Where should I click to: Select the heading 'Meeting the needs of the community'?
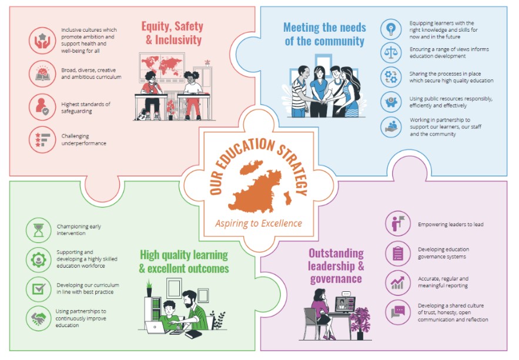point(324,34)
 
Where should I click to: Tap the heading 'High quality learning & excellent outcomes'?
point(183,262)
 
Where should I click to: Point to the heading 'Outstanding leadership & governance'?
point(336,265)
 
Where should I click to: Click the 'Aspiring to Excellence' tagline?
point(258,223)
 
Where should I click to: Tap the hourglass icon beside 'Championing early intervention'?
point(38,230)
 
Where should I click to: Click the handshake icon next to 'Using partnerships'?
point(38,318)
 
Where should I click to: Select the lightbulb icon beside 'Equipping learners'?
point(391,28)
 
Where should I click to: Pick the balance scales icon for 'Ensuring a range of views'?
point(391,52)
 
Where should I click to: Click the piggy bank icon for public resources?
point(391,102)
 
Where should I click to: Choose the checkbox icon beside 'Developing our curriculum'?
point(38,289)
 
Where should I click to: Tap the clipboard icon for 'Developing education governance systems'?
point(398,253)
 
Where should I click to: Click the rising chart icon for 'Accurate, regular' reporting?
point(398,282)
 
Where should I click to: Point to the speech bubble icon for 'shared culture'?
point(398,312)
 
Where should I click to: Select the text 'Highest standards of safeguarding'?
point(85,107)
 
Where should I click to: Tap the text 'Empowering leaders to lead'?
point(450,224)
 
